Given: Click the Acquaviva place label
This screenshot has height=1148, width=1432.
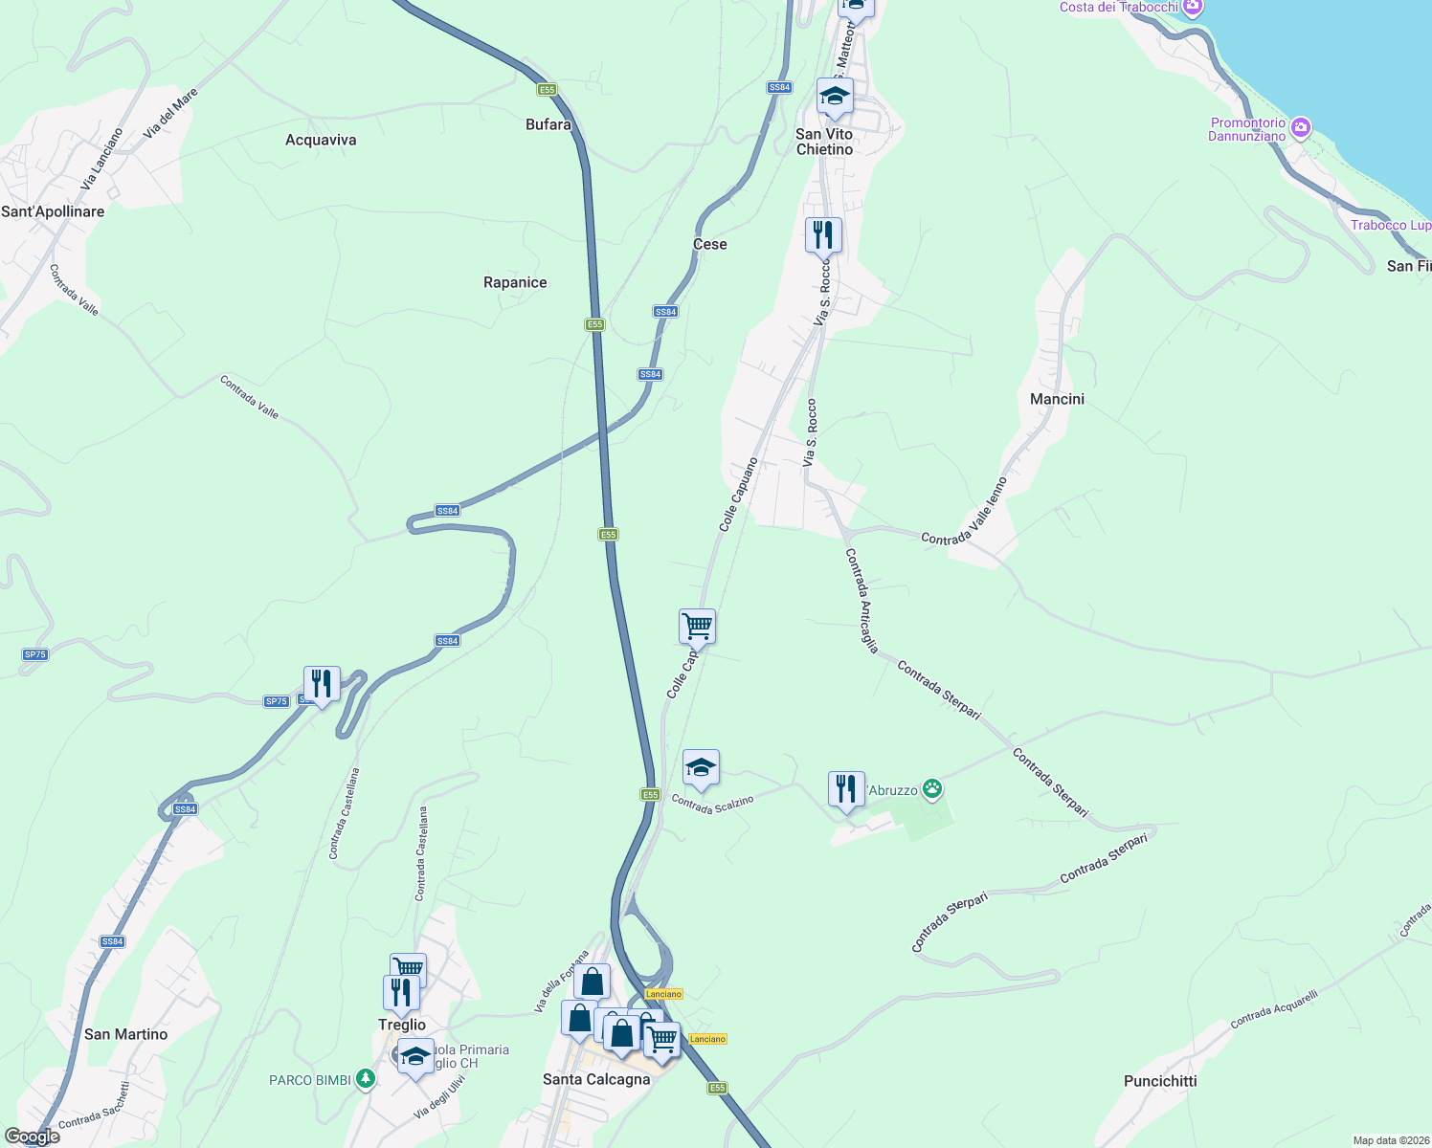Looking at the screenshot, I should [321, 141].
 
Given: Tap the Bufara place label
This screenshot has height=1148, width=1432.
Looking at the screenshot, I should [548, 125].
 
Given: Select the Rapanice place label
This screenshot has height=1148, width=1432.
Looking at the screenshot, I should [515, 283].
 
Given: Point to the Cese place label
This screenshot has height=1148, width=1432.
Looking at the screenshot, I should [710, 245].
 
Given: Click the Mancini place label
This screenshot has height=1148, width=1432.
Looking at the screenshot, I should [1057, 399].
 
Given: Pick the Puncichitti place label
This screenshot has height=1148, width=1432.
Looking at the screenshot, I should [1160, 1082].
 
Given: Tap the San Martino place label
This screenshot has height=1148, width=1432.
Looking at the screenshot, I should [125, 1034].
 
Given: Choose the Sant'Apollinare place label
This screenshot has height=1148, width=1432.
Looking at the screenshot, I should [53, 211].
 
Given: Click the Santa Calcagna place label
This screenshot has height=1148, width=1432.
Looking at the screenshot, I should [596, 1079].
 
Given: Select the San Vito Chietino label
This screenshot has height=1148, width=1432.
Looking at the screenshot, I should [824, 142].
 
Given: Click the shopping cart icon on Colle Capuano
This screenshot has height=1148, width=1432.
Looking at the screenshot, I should [698, 628].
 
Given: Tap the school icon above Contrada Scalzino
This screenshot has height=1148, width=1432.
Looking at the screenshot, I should [701, 767].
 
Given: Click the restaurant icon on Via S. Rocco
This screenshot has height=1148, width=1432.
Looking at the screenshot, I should [823, 233].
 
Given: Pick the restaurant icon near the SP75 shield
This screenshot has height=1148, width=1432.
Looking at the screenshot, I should [322, 683].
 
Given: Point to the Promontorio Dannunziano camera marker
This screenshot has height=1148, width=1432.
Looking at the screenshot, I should [1300, 127].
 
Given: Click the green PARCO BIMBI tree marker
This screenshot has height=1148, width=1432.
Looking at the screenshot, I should [365, 1079].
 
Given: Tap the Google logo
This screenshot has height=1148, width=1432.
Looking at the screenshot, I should [33, 1137].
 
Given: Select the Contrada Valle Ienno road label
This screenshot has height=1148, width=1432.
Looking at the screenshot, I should [965, 511].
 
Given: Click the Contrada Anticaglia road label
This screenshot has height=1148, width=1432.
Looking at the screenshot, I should [861, 601].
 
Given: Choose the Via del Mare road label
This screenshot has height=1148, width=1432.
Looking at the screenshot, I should [171, 114].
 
